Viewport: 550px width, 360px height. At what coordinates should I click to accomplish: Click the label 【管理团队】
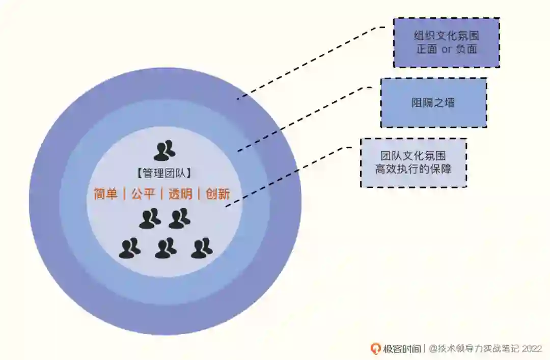(164, 174)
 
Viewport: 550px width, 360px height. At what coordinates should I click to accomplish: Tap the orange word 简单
(106, 194)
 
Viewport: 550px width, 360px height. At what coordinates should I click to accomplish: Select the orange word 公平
(143, 194)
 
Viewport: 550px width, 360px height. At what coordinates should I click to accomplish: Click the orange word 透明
(180, 194)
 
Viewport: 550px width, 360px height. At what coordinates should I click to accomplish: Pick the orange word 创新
(218, 194)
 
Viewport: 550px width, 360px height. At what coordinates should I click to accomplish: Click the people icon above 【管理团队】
(164, 151)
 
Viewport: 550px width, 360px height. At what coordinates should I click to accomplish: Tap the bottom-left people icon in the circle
(130, 248)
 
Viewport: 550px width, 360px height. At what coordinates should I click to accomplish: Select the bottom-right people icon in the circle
(202, 248)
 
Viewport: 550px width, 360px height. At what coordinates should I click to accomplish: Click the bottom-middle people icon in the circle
(166, 248)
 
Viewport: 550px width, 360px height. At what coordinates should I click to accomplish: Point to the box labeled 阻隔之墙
(433, 103)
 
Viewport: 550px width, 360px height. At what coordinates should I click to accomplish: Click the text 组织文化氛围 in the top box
(446, 36)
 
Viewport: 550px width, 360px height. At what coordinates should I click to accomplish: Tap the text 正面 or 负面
(446, 50)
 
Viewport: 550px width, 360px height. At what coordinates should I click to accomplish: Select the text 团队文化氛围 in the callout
(413, 156)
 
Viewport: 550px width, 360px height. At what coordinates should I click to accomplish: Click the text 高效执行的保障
(413, 170)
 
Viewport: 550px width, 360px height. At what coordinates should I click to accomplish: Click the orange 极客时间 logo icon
(375, 349)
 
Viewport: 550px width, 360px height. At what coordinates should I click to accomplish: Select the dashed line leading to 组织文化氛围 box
(311, 61)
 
